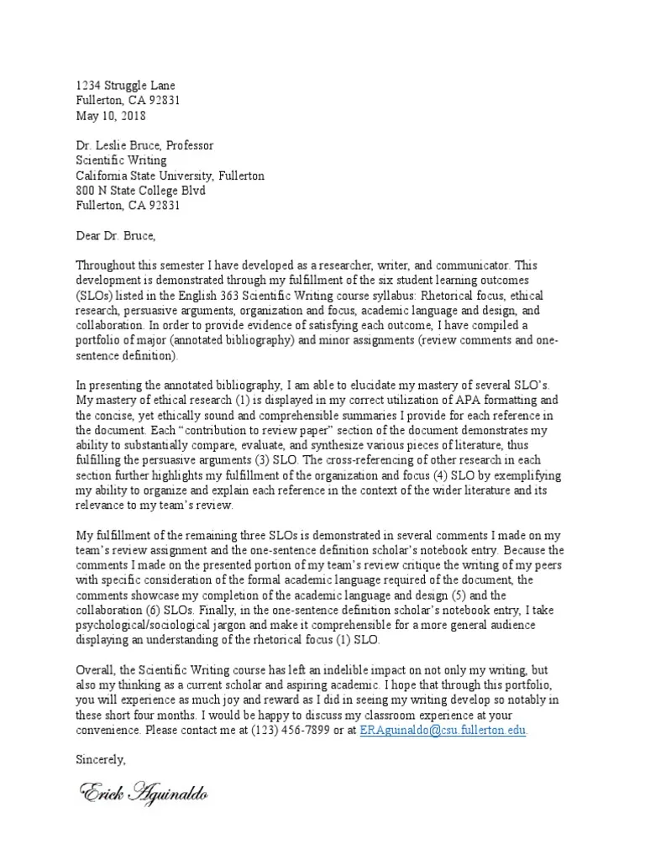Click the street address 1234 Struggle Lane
pyautogui.click(x=126, y=86)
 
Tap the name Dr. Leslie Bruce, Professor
pyautogui.click(x=144, y=145)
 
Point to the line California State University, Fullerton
pyautogui.click(x=170, y=176)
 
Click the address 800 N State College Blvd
pyautogui.click(x=140, y=191)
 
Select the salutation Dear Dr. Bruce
pyautogui.click(x=116, y=235)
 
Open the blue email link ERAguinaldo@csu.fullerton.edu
pyautogui.click(x=443, y=731)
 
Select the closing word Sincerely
pyautogui.click(x=100, y=760)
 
